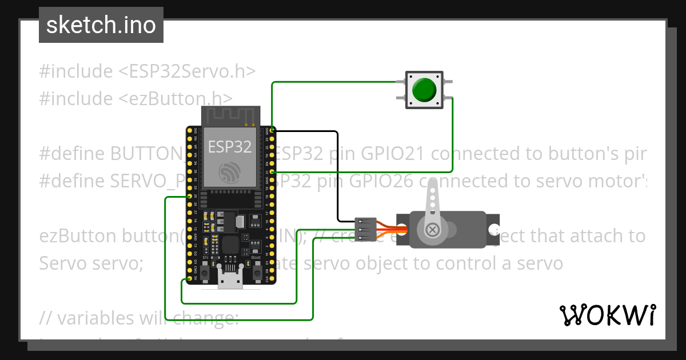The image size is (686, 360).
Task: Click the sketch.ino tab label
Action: pyautogui.click(x=101, y=25)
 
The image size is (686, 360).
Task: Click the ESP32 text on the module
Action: pyautogui.click(x=230, y=146)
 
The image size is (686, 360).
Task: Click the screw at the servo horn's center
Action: pyautogui.click(x=433, y=230)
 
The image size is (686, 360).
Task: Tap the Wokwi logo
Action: pyautogui.click(x=607, y=315)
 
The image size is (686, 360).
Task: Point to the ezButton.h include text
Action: pyautogui.click(x=176, y=98)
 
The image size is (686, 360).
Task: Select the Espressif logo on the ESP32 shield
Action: pyautogui.click(x=230, y=171)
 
